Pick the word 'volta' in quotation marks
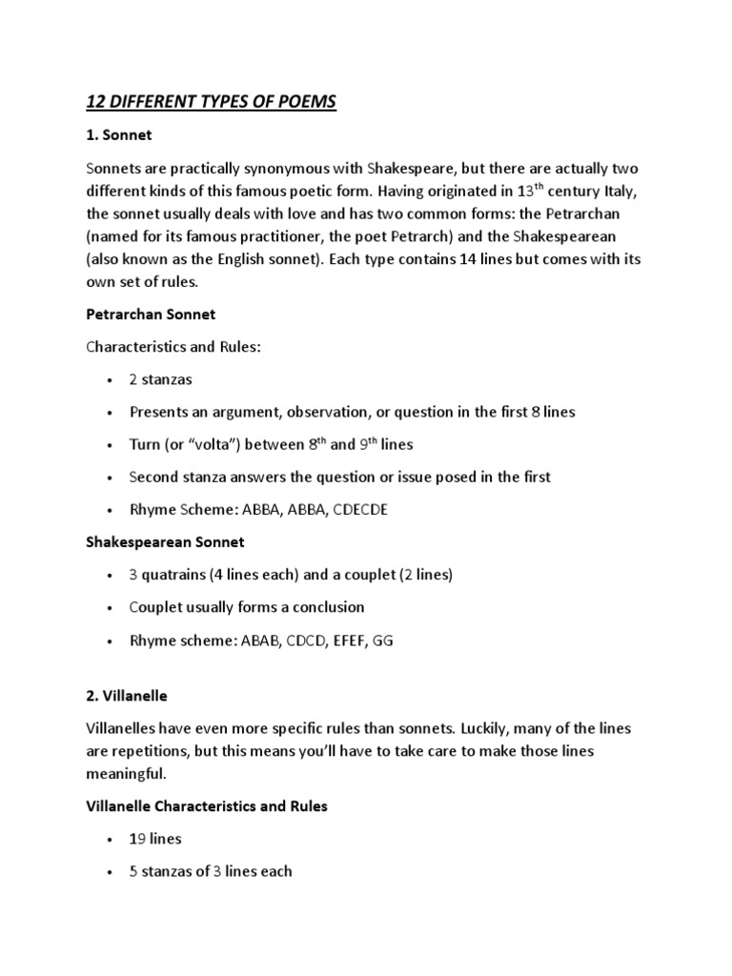pyautogui.click(x=218, y=444)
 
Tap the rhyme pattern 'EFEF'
pyautogui.click(x=343, y=640)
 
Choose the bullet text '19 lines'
pyautogui.click(x=156, y=839)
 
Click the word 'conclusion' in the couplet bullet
pyautogui.click(x=327, y=607)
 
